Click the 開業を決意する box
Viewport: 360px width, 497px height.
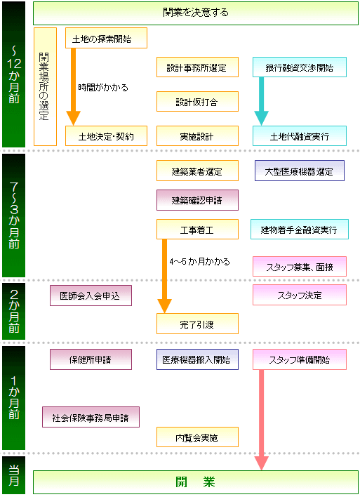point(196,13)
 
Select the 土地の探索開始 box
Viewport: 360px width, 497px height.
point(106,38)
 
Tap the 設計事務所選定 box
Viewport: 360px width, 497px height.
point(197,67)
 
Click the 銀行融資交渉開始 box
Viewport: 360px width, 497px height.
point(300,67)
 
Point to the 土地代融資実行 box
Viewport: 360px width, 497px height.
point(300,136)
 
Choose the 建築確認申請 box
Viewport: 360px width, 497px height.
point(197,200)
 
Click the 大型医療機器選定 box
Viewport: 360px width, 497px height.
point(300,171)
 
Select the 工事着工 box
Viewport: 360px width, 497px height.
point(197,229)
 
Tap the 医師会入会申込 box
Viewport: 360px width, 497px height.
point(91,296)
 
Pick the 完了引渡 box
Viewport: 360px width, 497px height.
point(197,324)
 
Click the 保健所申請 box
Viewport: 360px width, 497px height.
point(91,359)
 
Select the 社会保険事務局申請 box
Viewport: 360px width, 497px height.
point(91,417)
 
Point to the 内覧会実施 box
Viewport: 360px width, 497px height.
point(197,437)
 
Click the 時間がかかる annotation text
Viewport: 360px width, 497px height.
point(103,87)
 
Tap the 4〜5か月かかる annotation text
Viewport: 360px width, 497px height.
point(199,262)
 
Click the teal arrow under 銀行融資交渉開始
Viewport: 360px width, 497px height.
point(262,101)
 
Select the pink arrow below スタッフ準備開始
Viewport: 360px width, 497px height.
point(262,420)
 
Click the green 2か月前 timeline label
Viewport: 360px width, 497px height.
point(13,311)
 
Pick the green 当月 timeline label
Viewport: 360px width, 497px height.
point(13,475)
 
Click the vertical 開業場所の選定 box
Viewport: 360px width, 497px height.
point(45,86)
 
